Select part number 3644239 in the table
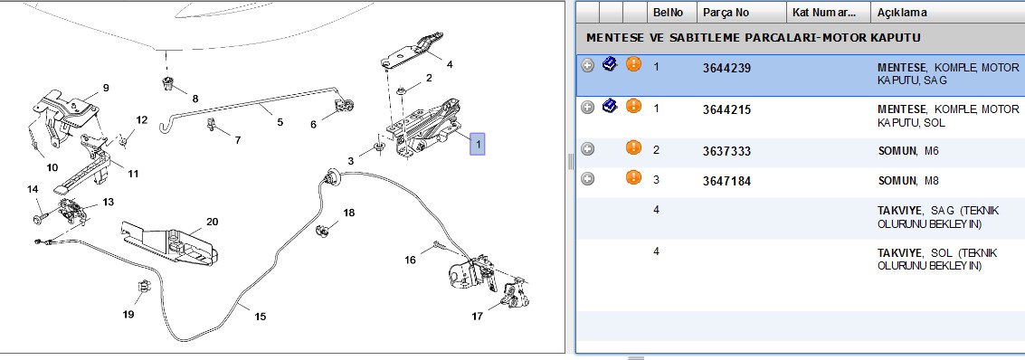pos(727,67)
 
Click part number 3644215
pos(727,109)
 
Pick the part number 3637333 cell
pos(727,151)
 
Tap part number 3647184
pos(727,181)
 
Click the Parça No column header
pos(726,13)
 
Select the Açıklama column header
pos(901,13)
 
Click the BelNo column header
pos(668,13)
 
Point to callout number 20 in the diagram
pos(212,222)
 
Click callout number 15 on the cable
pos(261,317)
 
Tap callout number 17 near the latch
pos(477,317)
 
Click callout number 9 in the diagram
pos(105,88)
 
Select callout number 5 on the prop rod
pos(280,121)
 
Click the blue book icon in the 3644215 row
pos(610,106)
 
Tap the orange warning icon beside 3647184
pos(633,177)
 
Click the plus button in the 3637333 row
pos(588,149)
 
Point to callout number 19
pos(128,314)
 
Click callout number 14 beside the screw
pos(33,189)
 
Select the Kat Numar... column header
pos(823,13)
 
